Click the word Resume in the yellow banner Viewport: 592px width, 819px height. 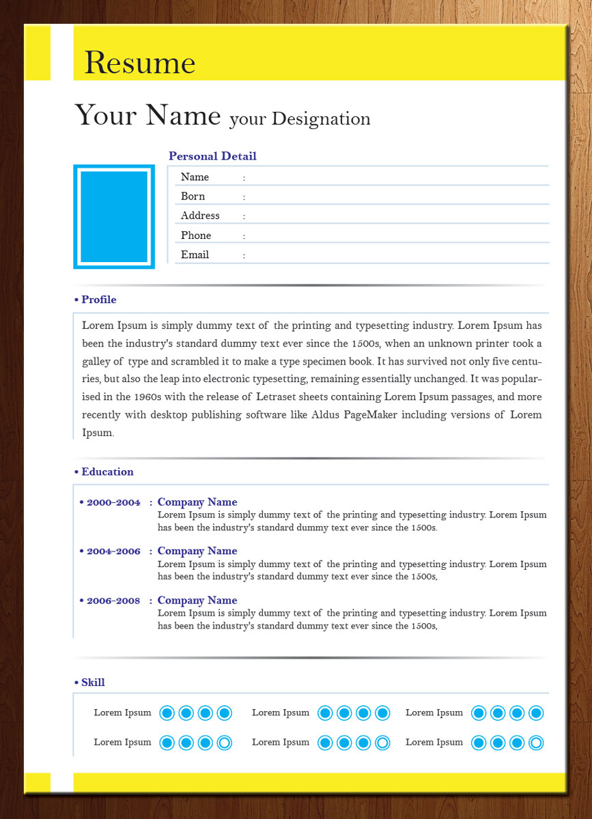click(140, 63)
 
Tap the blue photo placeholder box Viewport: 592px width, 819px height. click(114, 217)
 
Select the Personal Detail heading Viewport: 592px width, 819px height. click(212, 156)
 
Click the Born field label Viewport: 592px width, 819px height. click(193, 197)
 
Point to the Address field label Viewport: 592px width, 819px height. click(200, 216)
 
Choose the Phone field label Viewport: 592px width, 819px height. click(196, 235)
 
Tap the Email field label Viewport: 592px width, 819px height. click(195, 255)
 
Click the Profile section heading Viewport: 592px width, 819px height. click(98, 300)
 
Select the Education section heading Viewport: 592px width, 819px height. click(107, 472)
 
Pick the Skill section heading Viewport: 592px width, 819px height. click(93, 682)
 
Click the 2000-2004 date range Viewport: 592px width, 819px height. click(113, 502)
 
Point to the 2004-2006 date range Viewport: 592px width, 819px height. click(113, 551)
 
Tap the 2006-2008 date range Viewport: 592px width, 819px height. click(113, 601)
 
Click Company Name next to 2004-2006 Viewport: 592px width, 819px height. click(197, 551)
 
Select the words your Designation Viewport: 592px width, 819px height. click(300, 119)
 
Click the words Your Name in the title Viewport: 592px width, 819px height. click(147, 115)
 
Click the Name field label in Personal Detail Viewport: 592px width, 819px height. click(195, 177)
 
